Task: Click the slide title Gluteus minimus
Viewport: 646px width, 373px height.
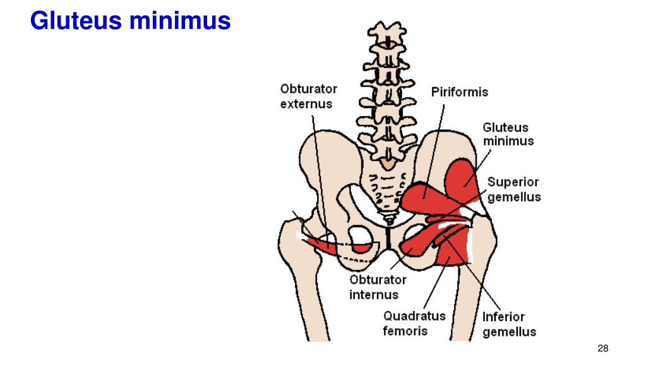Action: pyautogui.click(x=130, y=21)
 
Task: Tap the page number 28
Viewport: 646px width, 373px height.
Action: pyautogui.click(x=602, y=349)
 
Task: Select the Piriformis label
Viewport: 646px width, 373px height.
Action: pyautogui.click(x=459, y=92)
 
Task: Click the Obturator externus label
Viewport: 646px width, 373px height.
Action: pyautogui.click(x=309, y=96)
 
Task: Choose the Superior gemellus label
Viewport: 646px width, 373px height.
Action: pyautogui.click(x=513, y=190)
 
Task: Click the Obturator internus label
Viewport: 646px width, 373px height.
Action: pyautogui.click(x=378, y=287)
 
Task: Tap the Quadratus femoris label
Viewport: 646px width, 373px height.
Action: pyautogui.click(x=414, y=323)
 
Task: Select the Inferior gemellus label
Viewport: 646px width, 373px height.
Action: pyautogui.click(x=509, y=324)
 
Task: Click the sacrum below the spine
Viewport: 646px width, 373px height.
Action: pyautogui.click(x=388, y=183)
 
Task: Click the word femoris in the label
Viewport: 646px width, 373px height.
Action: pyautogui.click(x=405, y=331)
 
